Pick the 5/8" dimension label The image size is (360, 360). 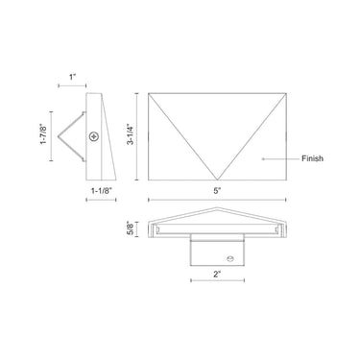point(130,228)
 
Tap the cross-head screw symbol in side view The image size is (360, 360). point(93,136)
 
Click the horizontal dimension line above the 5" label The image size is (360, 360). point(218,200)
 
